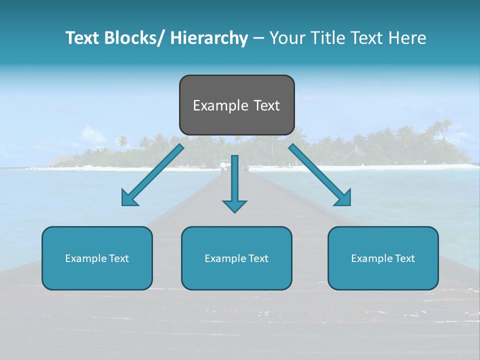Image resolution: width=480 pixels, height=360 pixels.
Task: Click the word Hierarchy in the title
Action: pyautogui.click(x=209, y=38)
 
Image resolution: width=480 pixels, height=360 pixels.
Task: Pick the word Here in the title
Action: pyautogui.click(x=407, y=38)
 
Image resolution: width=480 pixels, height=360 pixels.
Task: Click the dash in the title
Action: pyautogui.click(x=258, y=38)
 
